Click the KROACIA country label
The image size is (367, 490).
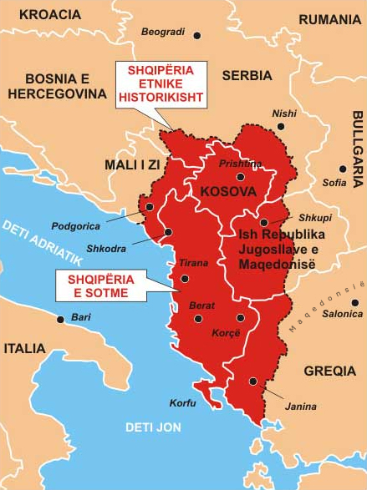(49, 14)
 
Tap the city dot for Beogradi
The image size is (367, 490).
(197, 35)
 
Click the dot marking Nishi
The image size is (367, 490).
(281, 126)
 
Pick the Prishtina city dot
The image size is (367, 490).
(240, 176)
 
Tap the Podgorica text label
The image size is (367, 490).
(75, 225)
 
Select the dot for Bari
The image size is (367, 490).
(60, 318)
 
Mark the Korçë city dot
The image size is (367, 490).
(240, 318)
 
